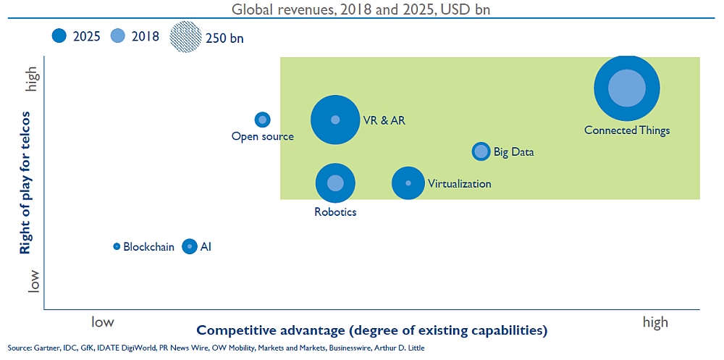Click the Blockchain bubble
coord(117,246)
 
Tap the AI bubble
coord(190,246)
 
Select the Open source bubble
coord(263,120)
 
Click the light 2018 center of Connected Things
coord(626,88)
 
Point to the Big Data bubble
coord(481,151)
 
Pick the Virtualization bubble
coord(408,183)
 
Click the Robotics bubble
coord(336,183)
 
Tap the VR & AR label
coord(381,120)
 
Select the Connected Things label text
coord(626,130)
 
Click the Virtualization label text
coord(460,184)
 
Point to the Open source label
coord(262,136)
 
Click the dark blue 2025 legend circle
coord(60,36)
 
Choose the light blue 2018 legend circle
coord(118,36)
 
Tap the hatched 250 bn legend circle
coord(185,37)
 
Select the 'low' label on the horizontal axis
coord(103,321)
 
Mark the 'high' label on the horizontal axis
coord(655,322)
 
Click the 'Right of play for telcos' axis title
coord(25,183)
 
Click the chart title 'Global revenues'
coord(281,9)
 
